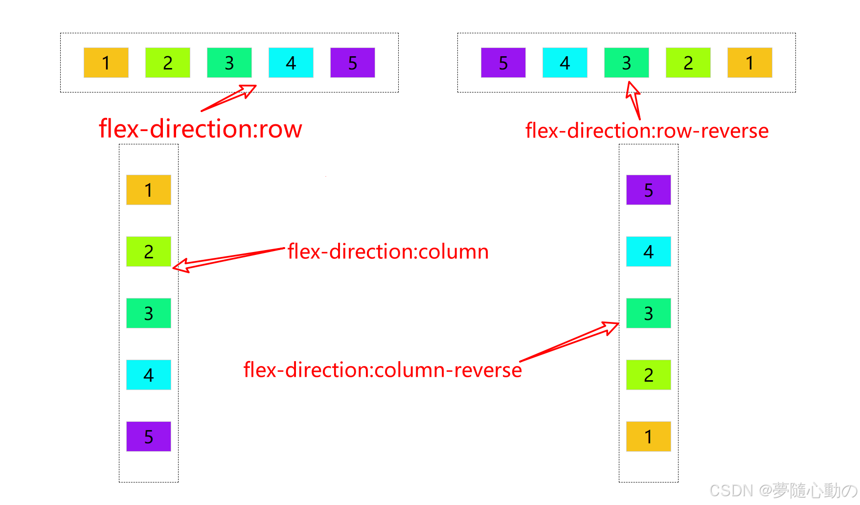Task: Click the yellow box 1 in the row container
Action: (106, 63)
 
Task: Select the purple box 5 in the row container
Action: (352, 63)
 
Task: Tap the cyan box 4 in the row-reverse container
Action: (565, 63)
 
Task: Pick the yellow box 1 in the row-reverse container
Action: (749, 63)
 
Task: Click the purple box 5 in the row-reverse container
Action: (503, 63)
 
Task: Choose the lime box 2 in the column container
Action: (149, 252)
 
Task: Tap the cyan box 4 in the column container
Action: (149, 375)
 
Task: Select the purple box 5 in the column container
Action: (149, 436)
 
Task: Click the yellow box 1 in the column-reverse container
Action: (648, 436)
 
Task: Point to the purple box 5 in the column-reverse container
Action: (648, 190)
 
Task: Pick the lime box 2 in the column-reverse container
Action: (648, 375)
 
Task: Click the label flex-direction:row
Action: (201, 129)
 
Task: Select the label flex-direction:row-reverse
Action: (647, 131)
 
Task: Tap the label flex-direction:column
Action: (388, 252)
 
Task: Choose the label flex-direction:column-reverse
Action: (383, 370)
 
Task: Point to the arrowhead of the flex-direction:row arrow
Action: (249, 90)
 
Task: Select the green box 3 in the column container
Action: (149, 313)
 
